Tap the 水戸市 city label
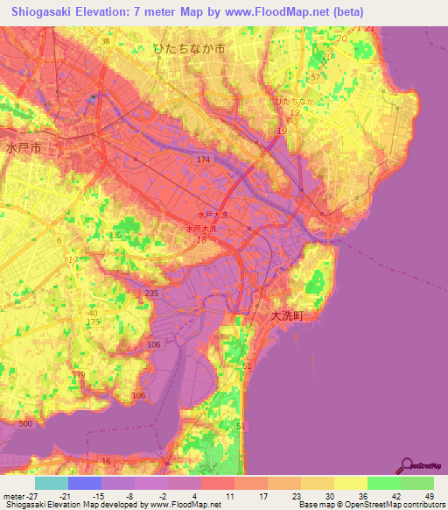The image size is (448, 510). [x=22, y=147]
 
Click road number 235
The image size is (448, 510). [x=150, y=294]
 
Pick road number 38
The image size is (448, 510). [x=105, y=41]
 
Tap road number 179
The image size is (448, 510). [x=79, y=375]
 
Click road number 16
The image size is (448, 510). [x=106, y=460]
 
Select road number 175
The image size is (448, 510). [x=93, y=323]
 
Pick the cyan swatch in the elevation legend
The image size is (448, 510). [x=52, y=483]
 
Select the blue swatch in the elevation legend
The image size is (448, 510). [x=85, y=483]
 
